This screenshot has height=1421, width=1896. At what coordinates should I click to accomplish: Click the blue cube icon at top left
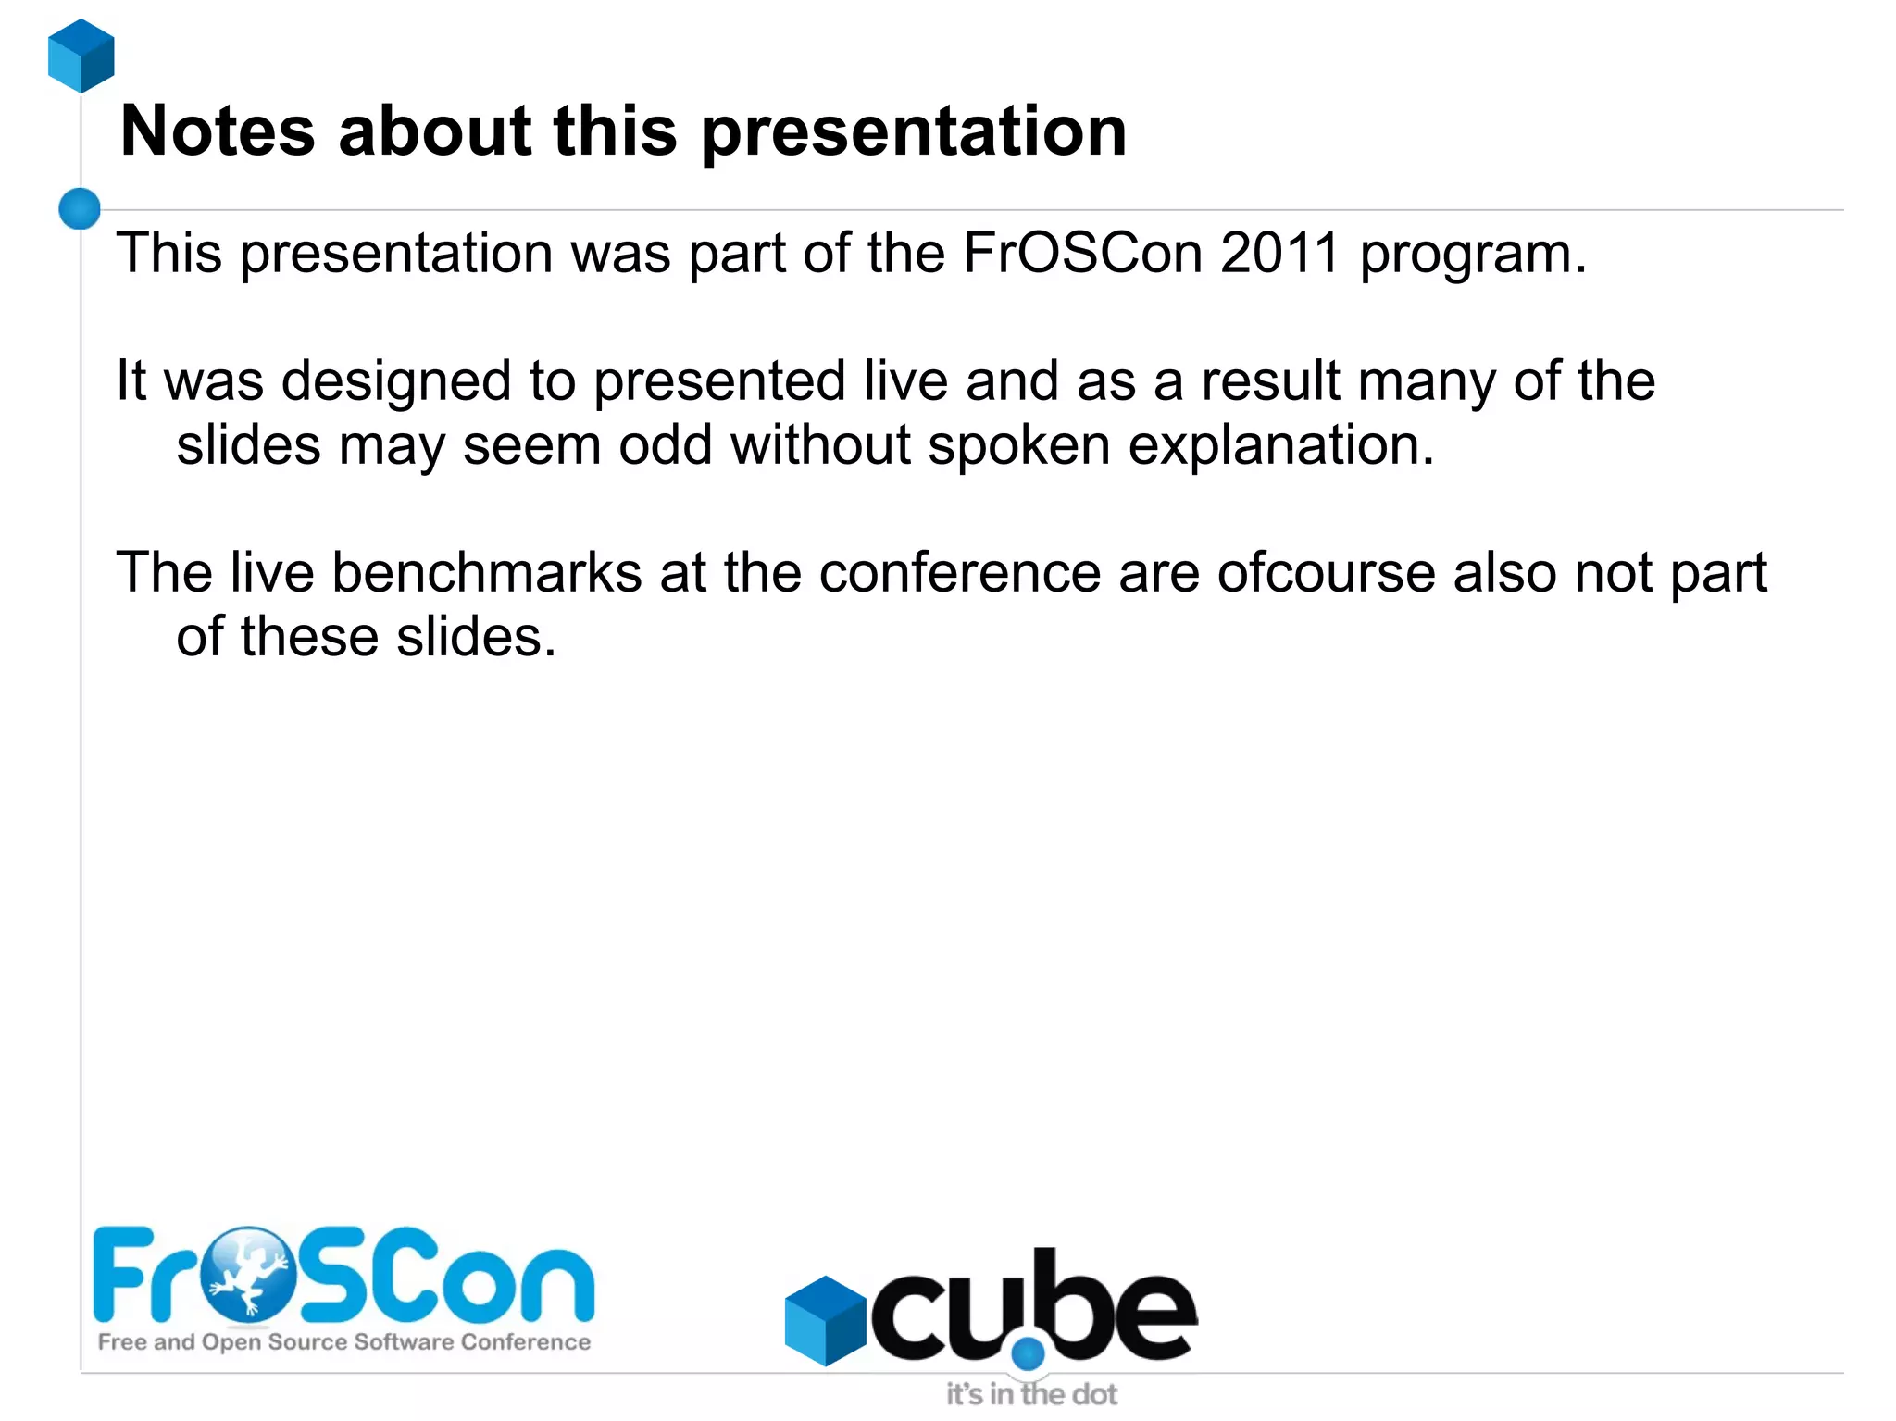81,56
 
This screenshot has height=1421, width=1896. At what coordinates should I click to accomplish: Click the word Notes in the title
218,131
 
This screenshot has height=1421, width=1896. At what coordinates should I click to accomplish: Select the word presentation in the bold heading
914,131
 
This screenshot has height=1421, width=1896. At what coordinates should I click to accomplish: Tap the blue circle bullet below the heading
80,208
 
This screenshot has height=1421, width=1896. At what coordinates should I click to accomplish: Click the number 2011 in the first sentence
1279,253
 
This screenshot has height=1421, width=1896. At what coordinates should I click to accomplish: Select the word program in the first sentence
1472,255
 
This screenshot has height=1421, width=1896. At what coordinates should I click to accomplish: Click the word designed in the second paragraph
396,381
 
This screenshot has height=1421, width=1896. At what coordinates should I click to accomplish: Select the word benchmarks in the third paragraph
487,572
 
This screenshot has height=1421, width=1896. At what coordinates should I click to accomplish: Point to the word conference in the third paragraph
960,572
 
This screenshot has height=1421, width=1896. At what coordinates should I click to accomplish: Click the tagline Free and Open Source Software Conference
344,1342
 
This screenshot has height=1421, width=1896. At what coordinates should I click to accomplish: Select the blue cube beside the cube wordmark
825,1320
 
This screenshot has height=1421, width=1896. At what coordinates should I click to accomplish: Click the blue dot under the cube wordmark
1028,1353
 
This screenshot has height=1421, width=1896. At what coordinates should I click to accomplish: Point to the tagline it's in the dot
1031,1394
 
